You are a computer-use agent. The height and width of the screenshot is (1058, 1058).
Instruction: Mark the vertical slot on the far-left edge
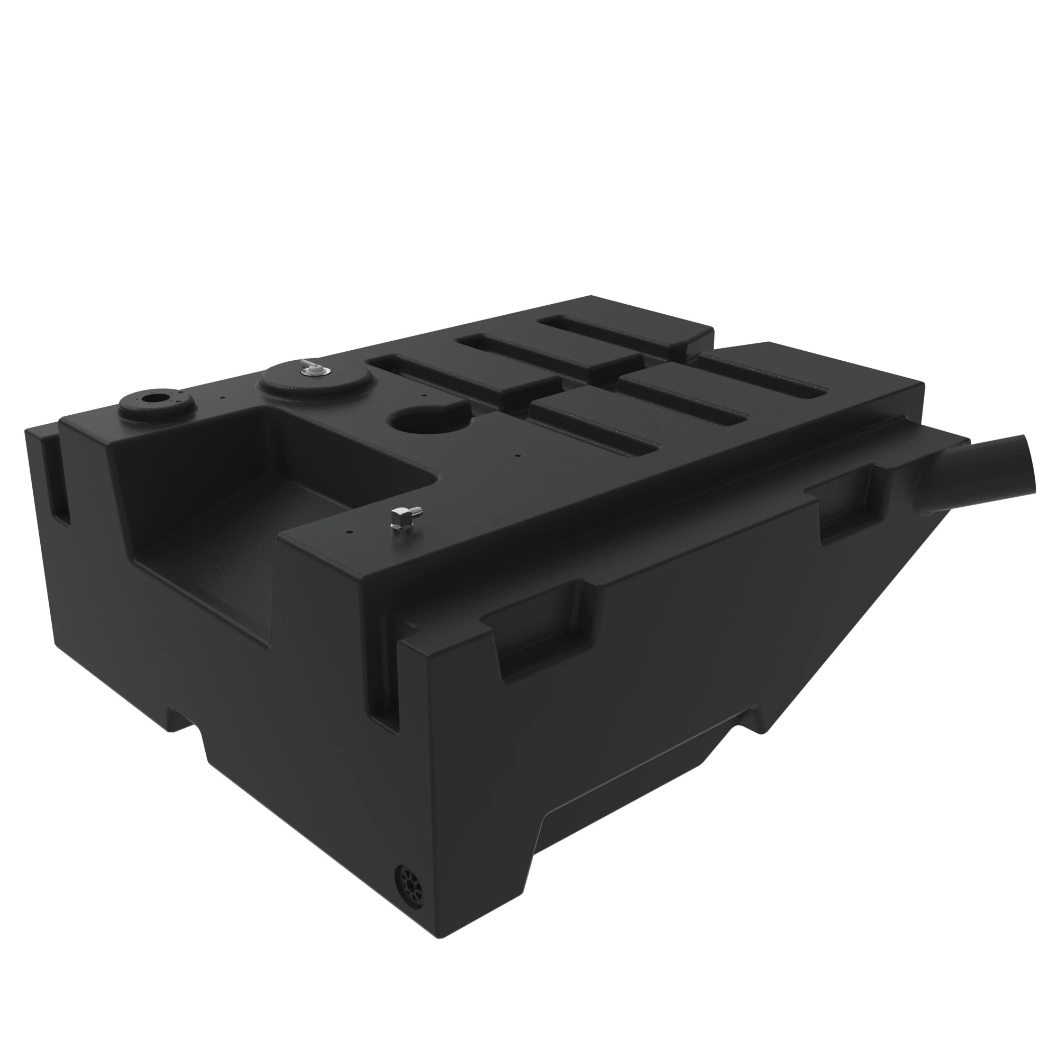click(61, 482)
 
